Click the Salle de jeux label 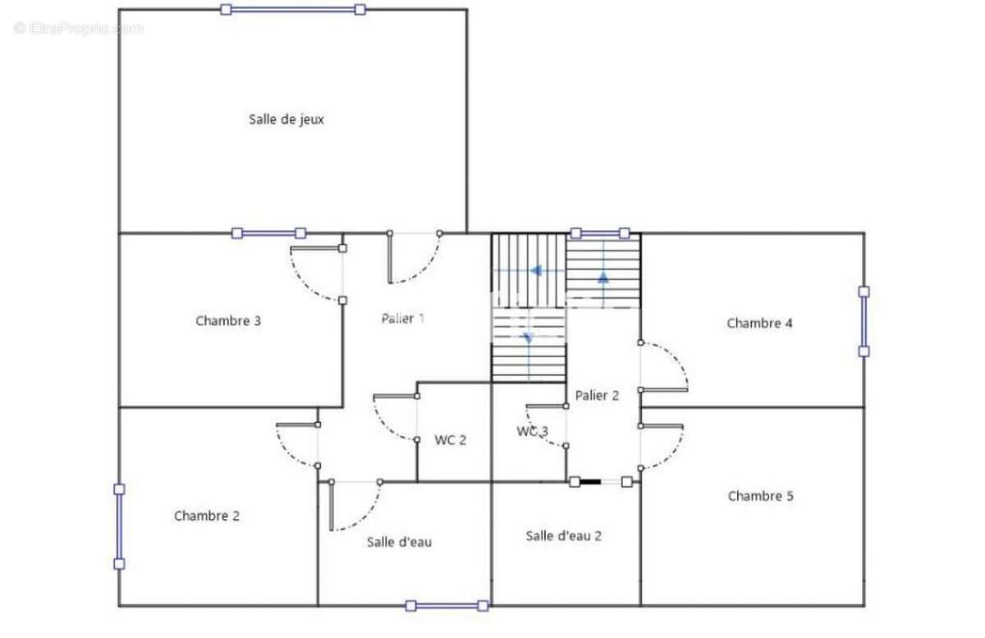[x=286, y=119]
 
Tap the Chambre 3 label [x=228, y=321]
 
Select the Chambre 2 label [x=207, y=516]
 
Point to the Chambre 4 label [x=759, y=324]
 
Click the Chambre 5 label [x=760, y=496]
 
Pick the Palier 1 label [x=402, y=319]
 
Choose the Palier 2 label [x=597, y=396]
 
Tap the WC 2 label [x=451, y=440]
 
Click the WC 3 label [x=532, y=431]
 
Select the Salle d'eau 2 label [x=564, y=536]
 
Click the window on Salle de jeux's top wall [x=293, y=10]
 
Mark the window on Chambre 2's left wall [x=119, y=526]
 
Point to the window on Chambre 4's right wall [x=864, y=321]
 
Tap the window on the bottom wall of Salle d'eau [x=447, y=606]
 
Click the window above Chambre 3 [x=268, y=233]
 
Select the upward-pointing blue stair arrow [x=603, y=277]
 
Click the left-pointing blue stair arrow [x=534, y=269]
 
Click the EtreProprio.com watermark [x=79, y=29]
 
